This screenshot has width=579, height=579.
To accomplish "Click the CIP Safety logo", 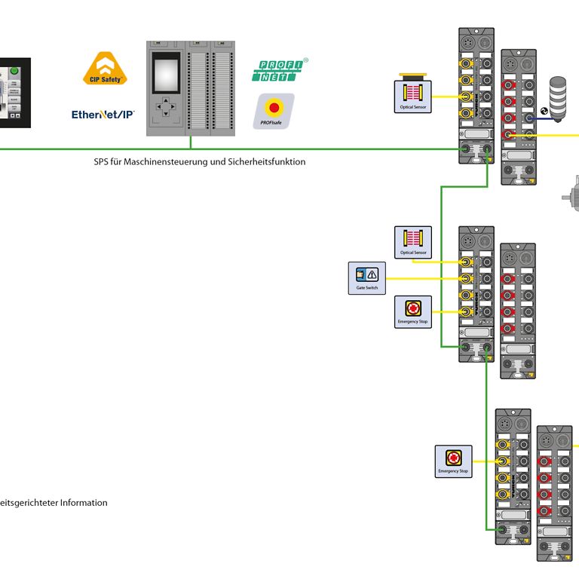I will coord(104,68).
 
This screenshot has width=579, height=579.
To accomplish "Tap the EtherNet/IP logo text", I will coord(103,115).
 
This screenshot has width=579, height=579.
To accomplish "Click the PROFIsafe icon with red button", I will coord(275,112).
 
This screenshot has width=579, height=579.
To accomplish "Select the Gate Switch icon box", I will coord(366,278).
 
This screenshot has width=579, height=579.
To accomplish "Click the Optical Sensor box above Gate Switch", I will coord(413,242).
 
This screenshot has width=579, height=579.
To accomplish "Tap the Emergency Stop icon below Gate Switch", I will coord(413,311).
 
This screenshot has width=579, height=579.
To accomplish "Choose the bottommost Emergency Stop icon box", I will coord(453,461).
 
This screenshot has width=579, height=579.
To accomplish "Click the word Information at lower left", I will coord(84,503).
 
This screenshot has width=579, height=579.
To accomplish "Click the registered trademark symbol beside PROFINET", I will coord(305,60).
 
